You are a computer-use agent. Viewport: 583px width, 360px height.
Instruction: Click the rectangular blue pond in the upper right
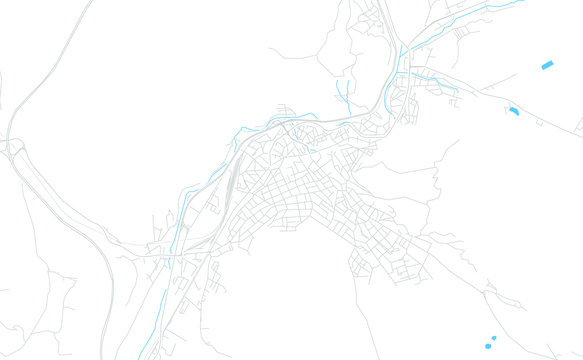(x=547, y=65)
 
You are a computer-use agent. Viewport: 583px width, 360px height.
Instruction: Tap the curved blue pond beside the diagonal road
(x=513, y=111)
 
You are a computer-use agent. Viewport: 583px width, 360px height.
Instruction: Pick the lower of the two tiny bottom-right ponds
(x=487, y=346)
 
